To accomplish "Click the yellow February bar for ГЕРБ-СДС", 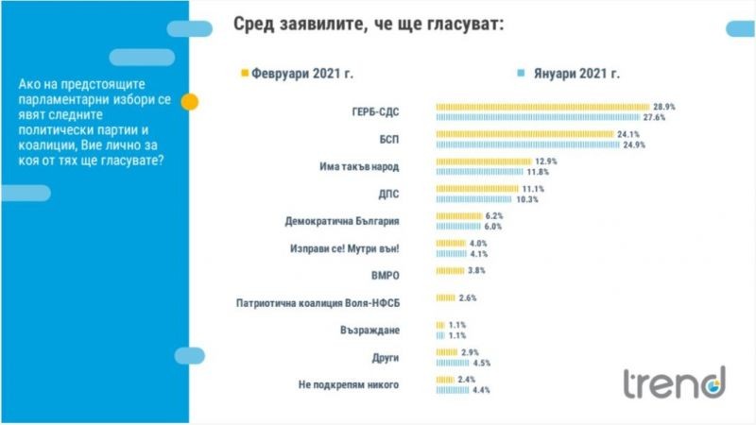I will tap(541, 107).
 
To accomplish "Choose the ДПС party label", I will tap(388, 195).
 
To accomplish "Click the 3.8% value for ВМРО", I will tap(475, 271).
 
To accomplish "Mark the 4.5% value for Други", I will tap(481, 363).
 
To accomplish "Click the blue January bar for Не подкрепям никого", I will tap(452, 390).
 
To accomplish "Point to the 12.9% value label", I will tap(560, 161).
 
